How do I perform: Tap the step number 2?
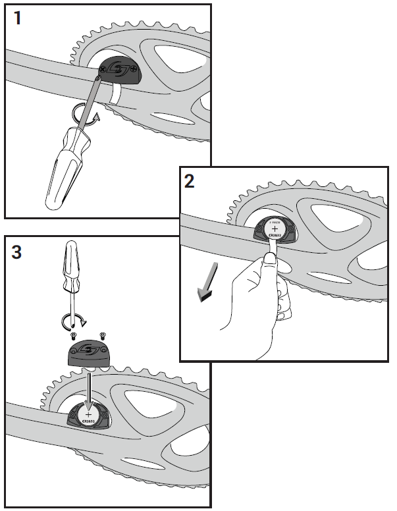click(x=190, y=181)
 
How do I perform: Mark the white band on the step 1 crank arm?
click(x=117, y=93)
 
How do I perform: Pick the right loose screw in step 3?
click(x=102, y=335)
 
